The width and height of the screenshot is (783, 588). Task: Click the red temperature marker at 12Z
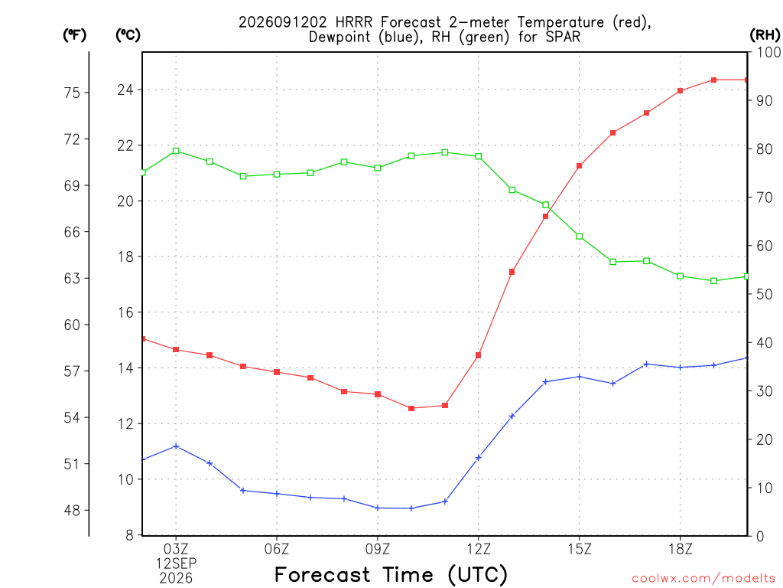point(479,355)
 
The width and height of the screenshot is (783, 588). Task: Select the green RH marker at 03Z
point(176,151)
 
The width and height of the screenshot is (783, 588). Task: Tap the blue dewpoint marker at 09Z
point(378,508)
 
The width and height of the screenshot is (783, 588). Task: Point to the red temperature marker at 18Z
point(680,91)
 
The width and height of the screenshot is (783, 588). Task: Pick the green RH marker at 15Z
point(580,237)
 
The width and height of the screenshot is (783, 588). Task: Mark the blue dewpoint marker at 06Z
point(277,494)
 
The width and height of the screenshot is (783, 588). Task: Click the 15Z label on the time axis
point(580,550)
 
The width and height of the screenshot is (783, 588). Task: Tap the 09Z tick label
point(378,550)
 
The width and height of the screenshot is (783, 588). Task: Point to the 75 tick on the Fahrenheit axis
point(72,93)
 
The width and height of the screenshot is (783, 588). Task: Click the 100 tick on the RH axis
point(768,52)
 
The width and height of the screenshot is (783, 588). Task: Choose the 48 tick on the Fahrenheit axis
point(72,511)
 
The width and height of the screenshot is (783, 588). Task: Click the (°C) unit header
point(128,35)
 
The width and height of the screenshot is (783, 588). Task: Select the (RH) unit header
point(765,35)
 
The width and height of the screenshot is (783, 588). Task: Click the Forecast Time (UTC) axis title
point(391,575)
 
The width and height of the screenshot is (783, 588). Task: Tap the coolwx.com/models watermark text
point(703,579)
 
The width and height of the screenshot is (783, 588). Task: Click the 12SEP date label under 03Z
point(176,563)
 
